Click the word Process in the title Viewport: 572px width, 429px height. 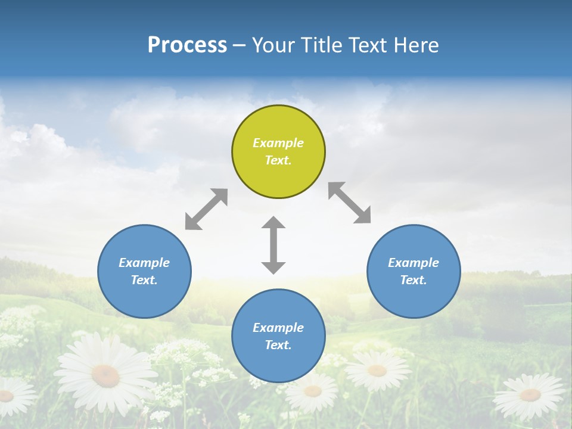coord(187,45)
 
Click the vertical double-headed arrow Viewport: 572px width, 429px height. coord(273,245)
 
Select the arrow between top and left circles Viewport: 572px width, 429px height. coord(206,209)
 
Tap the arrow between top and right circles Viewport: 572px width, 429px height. coord(350,203)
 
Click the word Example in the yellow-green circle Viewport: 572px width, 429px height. coord(278,143)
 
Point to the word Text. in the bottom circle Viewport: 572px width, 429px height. coord(278,345)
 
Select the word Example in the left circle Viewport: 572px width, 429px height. coord(144,263)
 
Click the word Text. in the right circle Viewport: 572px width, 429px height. coord(414,280)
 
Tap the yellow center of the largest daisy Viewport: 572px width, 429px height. coord(105,375)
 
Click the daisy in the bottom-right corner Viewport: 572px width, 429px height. coord(530,395)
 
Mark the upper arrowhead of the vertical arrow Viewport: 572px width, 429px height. coord(273,224)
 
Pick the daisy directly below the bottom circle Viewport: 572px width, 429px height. coord(312,391)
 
